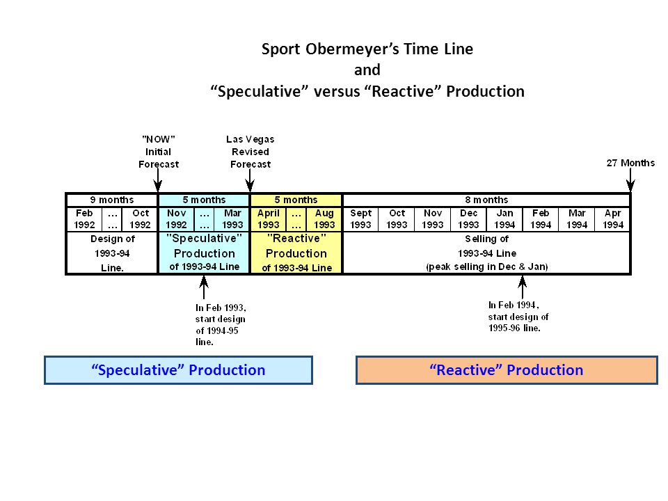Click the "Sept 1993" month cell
coord(360,219)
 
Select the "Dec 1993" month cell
coord(468,219)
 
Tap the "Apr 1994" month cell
coord(612,219)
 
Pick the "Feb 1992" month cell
coord(84,219)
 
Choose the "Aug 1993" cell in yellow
coord(324,219)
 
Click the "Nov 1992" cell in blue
coord(176,219)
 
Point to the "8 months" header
coord(486,200)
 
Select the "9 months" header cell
coord(112,200)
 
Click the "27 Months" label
coord(630,163)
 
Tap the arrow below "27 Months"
coord(630,180)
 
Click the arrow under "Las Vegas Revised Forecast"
coord(250,180)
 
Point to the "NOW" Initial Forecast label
coord(159,152)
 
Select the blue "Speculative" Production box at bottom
coord(179,369)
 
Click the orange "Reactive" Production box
coord(507,369)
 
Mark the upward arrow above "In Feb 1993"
coord(204,287)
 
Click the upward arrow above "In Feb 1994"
coord(523,287)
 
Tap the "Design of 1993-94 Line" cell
coord(113,253)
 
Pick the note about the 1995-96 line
coord(518,317)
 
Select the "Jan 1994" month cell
coord(504,219)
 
